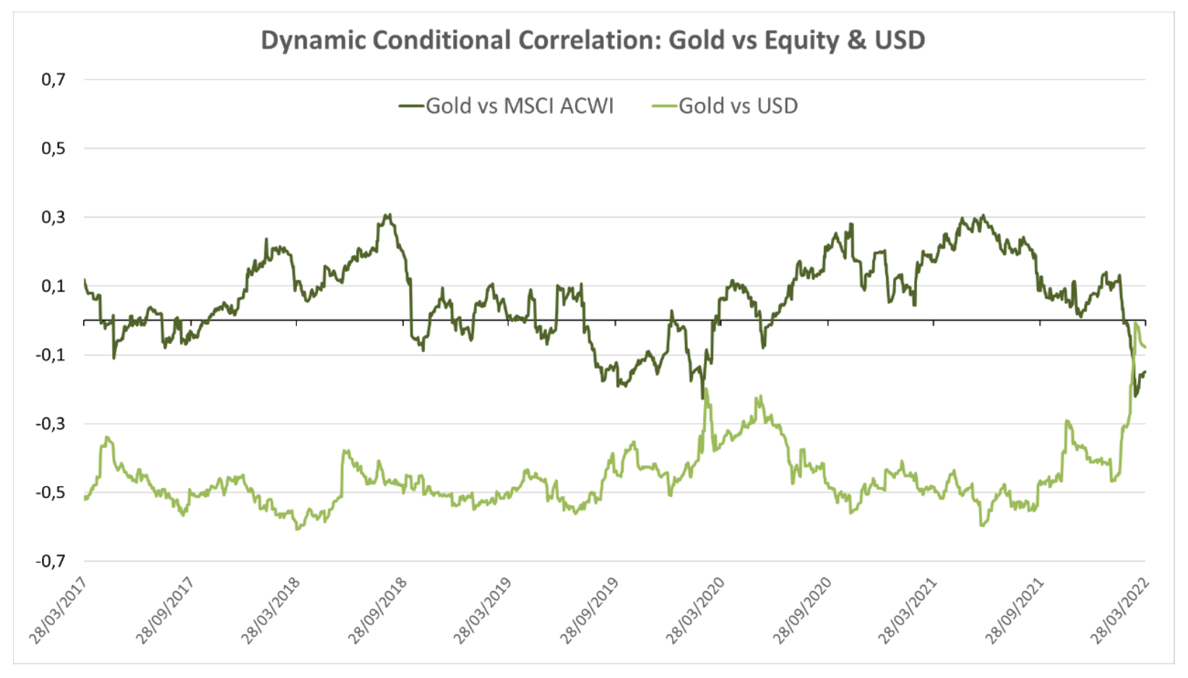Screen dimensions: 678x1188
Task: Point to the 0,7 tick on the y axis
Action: (x=53, y=80)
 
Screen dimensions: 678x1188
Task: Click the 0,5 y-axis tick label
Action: (x=53, y=148)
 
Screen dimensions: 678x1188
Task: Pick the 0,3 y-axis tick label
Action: (x=53, y=217)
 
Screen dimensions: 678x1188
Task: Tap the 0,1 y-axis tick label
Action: (x=53, y=286)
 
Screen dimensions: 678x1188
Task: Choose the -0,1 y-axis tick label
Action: (x=51, y=355)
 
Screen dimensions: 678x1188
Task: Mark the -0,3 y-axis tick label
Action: (x=51, y=424)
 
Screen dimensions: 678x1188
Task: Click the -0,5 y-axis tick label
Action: (x=51, y=492)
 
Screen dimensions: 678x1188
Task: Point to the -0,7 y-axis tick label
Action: (x=51, y=561)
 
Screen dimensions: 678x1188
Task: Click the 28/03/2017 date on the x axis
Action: (x=59, y=610)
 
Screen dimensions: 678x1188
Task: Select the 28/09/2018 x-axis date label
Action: (x=378, y=610)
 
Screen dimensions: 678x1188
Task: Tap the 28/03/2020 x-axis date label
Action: (x=696, y=610)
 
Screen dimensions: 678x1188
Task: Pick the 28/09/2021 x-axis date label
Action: (x=1015, y=610)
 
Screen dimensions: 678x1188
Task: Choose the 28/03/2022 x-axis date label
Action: (x=1120, y=610)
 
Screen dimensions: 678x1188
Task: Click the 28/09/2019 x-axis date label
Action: (x=590, y=610)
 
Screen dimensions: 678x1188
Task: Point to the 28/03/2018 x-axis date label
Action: (x=271, y=610)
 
